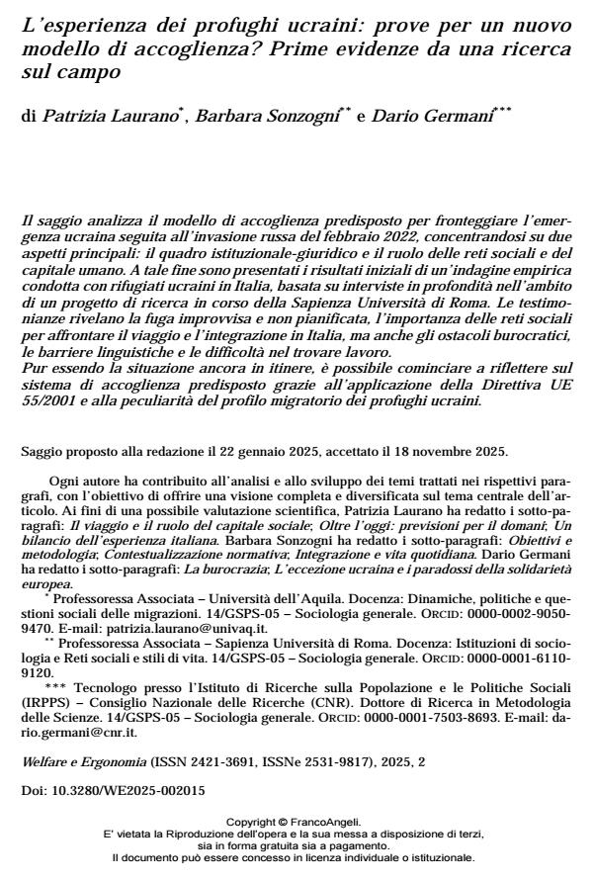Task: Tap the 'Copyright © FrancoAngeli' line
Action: pyautogui.click(x=296, y=822)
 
